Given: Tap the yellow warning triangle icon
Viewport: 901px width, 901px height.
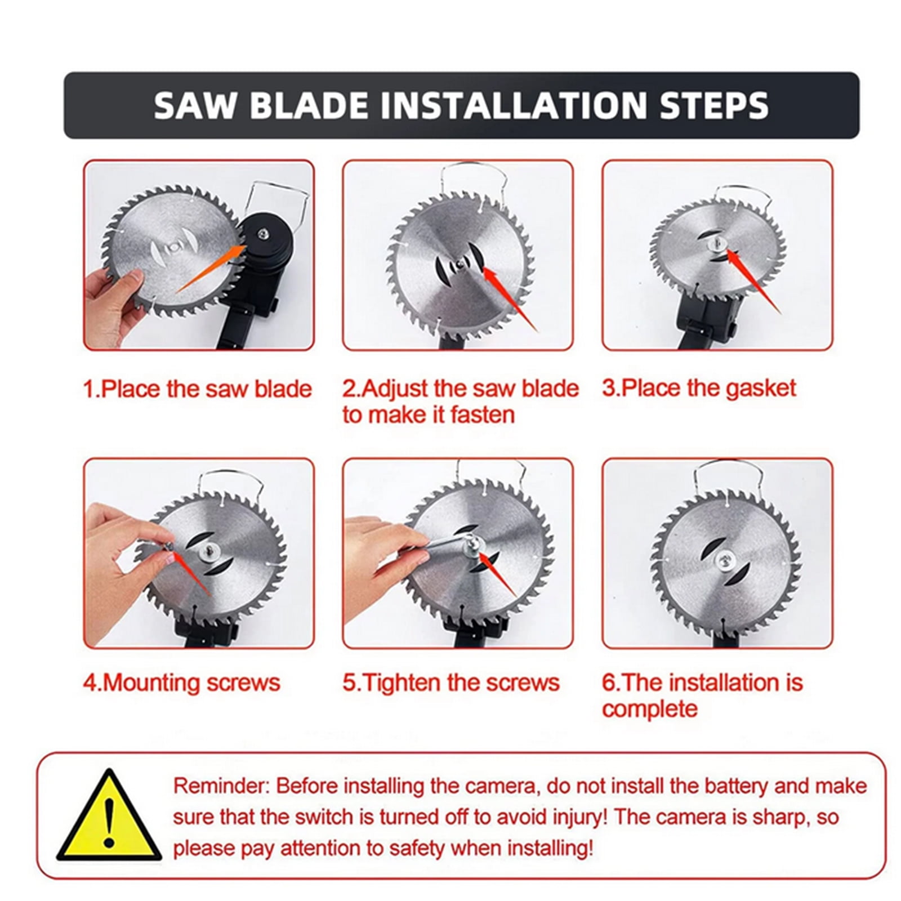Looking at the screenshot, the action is (x=109, y=815).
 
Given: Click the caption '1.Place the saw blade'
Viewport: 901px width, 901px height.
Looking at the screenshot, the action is (x=197, y=389).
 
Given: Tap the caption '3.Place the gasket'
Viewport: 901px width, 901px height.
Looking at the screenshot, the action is (x=699, y=389).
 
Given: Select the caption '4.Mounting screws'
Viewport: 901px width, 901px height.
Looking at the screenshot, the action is (x=181, y=683).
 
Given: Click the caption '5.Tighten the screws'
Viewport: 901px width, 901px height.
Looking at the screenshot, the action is (x=451, y=683).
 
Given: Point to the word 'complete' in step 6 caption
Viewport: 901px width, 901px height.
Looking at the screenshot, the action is (x=649, y=708).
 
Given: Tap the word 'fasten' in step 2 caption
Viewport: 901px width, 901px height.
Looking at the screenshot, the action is (x=483, y=415).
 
